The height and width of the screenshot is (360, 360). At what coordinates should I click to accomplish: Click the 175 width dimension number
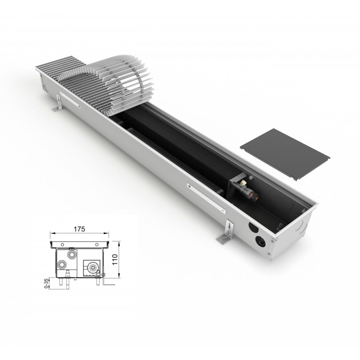[79, 229]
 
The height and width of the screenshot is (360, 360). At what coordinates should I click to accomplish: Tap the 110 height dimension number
[115, 259]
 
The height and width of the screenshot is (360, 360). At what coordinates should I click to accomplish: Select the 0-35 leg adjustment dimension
[47, 283]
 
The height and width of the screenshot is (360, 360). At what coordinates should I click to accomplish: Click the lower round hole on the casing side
[260, 241]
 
